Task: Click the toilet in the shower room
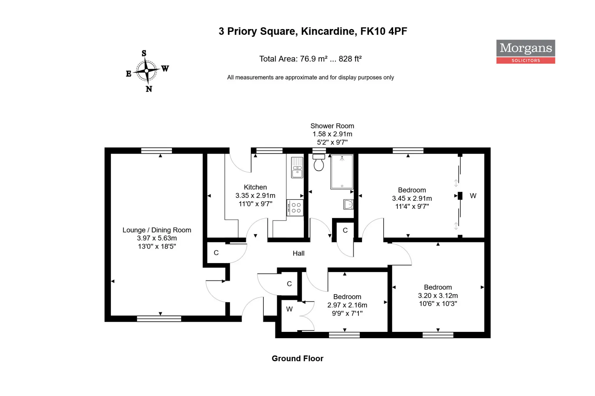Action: [319, 163]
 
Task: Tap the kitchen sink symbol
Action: [297, 167]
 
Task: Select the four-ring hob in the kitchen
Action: [295, 208]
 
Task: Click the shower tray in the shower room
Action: [342, 172]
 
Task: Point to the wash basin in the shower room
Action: [348, 204]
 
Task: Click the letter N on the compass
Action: [149, 89]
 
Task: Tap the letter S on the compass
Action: [144, 53]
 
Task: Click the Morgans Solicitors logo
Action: [525, 52]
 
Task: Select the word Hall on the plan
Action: [298, 254]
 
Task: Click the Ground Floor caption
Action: [297, 359]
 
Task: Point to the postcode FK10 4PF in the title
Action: [383, 31]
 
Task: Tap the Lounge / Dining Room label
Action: [157, 230]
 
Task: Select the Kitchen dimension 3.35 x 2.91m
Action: [255, 196]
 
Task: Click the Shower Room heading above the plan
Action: [332, 126]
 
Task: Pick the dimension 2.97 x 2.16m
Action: [347, 305]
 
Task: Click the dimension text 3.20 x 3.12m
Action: [438, 296]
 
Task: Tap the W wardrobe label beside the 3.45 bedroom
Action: [473, 196]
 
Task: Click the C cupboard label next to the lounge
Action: [216, 253]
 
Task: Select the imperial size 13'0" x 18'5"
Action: [157, 247]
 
